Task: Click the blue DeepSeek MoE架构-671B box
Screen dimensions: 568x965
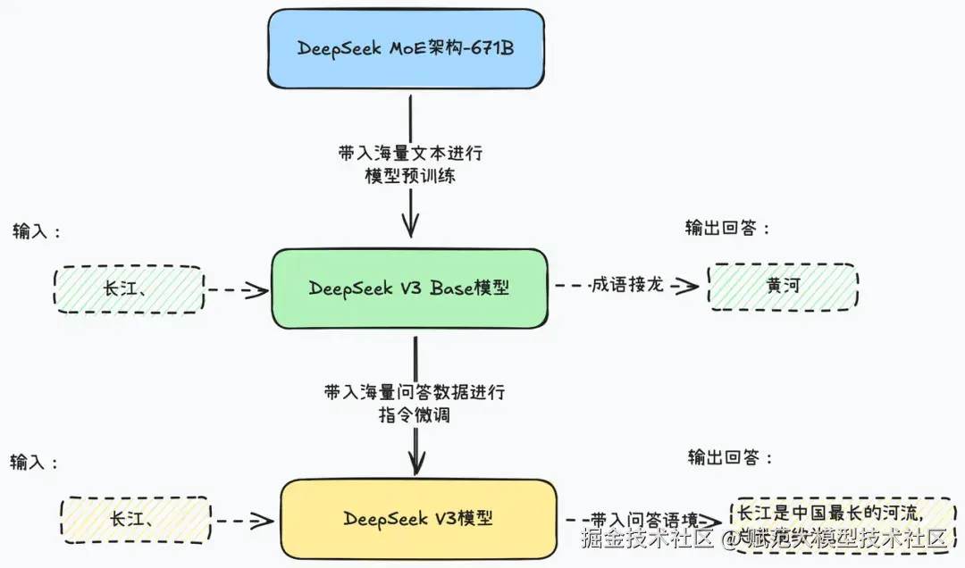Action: pyautogui.click(x=406, y=48)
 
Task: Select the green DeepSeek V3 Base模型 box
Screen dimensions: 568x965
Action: pyautogui.click(x=409, y=288)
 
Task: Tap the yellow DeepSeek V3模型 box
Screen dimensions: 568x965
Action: pyautogui.click(x=418, y=519)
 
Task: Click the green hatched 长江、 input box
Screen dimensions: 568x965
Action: pyautogui.click(x=129, y=289)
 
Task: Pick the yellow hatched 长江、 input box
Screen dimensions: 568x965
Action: pyautogui.click(x=135, y=520)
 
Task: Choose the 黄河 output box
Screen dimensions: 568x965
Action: pyautogui.click(x=783, y=288)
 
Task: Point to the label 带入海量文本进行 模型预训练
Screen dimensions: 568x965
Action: pyautogui.click(x=410, y=164)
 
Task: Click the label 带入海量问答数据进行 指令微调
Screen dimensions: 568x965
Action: pyautogui.click(x=415, y=404)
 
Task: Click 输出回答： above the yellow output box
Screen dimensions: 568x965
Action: pyautogui.click(x=730, y=458)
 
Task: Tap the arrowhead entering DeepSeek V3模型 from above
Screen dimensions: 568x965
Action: pyautogui.click(x=415, y=464)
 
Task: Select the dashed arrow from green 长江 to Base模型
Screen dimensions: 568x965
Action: pyautogui.click(x=237, y=289)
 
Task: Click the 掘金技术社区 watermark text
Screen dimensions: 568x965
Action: pyautogui.click(x=648, y=539)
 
